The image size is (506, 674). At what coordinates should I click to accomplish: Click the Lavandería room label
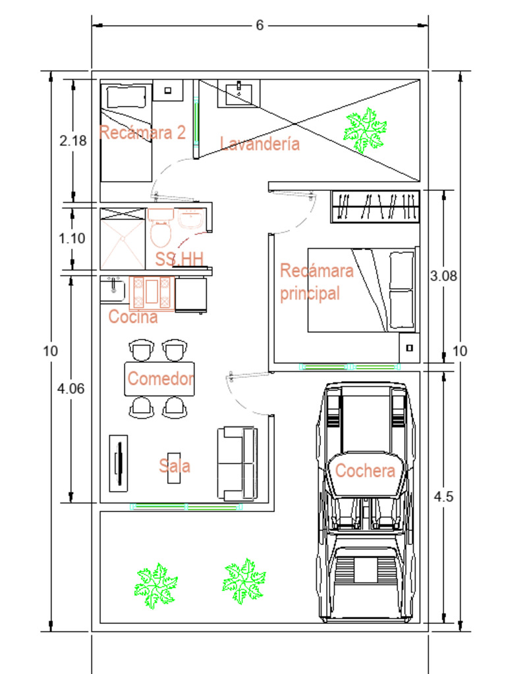click(260, 143)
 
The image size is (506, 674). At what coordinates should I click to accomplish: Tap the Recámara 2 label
click(142, 132)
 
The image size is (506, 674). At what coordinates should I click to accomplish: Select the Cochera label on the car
click(365, 471)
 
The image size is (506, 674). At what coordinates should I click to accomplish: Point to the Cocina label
click(133, 317)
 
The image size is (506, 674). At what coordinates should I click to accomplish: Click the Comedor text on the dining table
click(161, 379)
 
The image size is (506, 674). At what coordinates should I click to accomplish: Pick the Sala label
click(175, 466)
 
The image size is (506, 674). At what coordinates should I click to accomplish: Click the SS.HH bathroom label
click(179, 259)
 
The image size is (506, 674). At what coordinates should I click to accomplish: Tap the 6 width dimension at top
click(260, 25)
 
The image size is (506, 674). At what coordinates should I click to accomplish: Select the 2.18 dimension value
click(72, 140)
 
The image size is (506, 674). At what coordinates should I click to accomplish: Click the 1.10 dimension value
click(72, 238)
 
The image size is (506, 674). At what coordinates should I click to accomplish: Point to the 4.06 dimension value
click(70, 388)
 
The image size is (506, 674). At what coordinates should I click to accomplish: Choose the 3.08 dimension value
click(443, 276)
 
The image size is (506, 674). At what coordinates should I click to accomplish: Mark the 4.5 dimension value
click(443, 497)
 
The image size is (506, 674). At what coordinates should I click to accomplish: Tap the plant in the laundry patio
click(364, 130)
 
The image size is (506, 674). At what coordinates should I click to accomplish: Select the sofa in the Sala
click(237, 463)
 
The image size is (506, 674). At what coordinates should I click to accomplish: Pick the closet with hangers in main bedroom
click(375, 206)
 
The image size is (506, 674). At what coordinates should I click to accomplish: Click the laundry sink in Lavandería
click(239, 93)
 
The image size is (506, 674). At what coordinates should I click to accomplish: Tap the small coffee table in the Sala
click(175, 467)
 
